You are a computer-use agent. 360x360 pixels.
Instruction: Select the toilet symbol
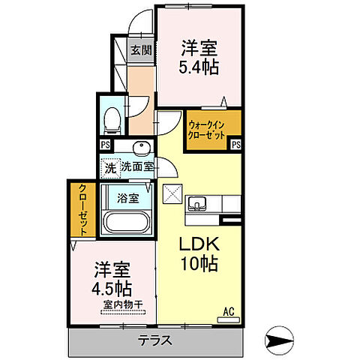112,118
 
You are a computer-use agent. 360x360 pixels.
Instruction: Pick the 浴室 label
127,199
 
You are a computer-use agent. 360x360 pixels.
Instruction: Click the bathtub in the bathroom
126,223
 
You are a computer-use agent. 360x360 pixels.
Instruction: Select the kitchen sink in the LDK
199,202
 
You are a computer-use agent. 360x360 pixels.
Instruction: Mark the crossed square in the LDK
172,193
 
